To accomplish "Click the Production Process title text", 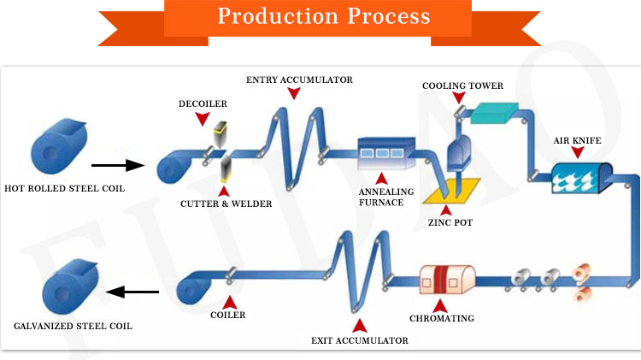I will [x=323, y=16].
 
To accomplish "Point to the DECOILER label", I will [x=202, y=105].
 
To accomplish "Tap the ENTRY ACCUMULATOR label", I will [x=298, y=80].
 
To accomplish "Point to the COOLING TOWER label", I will [x=462, y=86].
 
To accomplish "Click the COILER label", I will [x=228, y=315].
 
